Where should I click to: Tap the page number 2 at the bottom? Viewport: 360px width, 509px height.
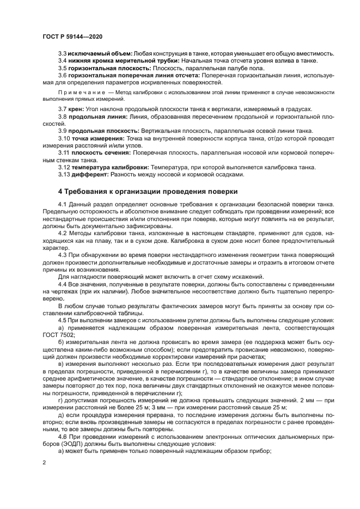44,462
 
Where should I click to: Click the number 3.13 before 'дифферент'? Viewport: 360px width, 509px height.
64,175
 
